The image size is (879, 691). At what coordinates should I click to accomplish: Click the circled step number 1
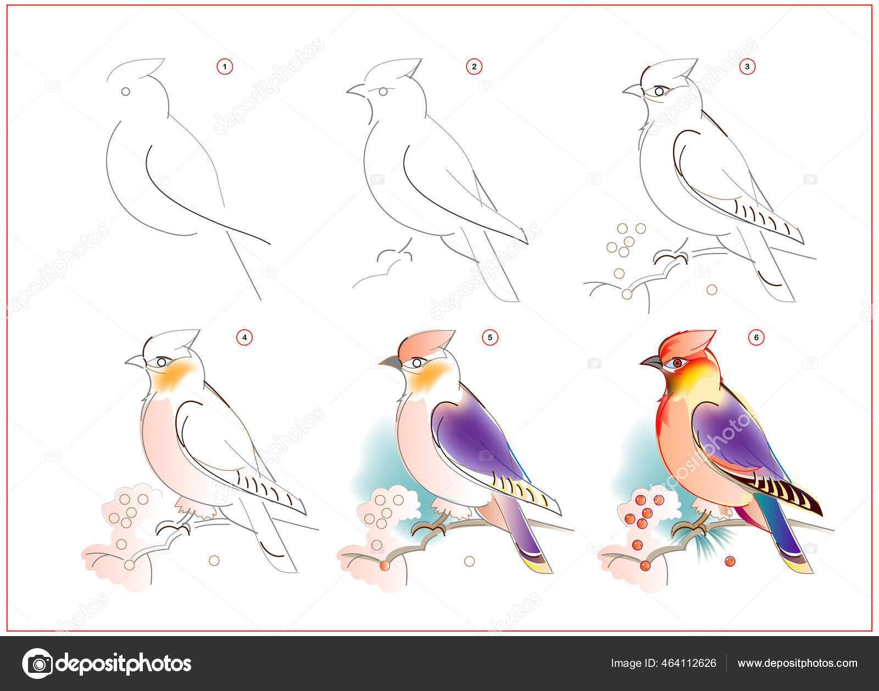pos(225,66)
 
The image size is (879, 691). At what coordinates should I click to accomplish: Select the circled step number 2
pos(474,66)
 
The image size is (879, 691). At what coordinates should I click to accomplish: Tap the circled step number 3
pos(747,66)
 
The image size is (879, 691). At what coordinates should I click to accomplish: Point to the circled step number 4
pos(244,337)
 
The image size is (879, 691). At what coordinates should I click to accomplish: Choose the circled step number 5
pos(489,337)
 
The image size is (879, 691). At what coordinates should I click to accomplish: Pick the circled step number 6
pos(756,337)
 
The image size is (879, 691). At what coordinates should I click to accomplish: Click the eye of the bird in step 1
pos(126,92)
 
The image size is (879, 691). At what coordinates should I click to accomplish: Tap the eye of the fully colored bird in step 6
pos(676,363)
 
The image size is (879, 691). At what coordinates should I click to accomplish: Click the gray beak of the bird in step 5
pos(391,363)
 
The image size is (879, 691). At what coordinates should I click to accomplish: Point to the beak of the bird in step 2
pos(357,91)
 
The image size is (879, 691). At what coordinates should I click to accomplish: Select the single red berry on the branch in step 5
pos(385,566)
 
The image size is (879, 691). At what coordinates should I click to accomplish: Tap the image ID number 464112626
pos(689,663)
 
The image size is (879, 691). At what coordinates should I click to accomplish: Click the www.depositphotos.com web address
pos(797,664)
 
